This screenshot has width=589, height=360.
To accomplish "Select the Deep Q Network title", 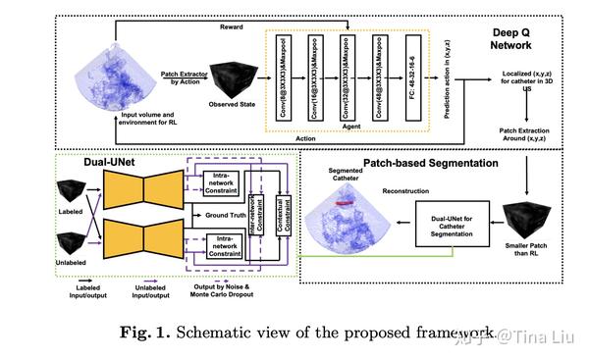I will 520,38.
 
